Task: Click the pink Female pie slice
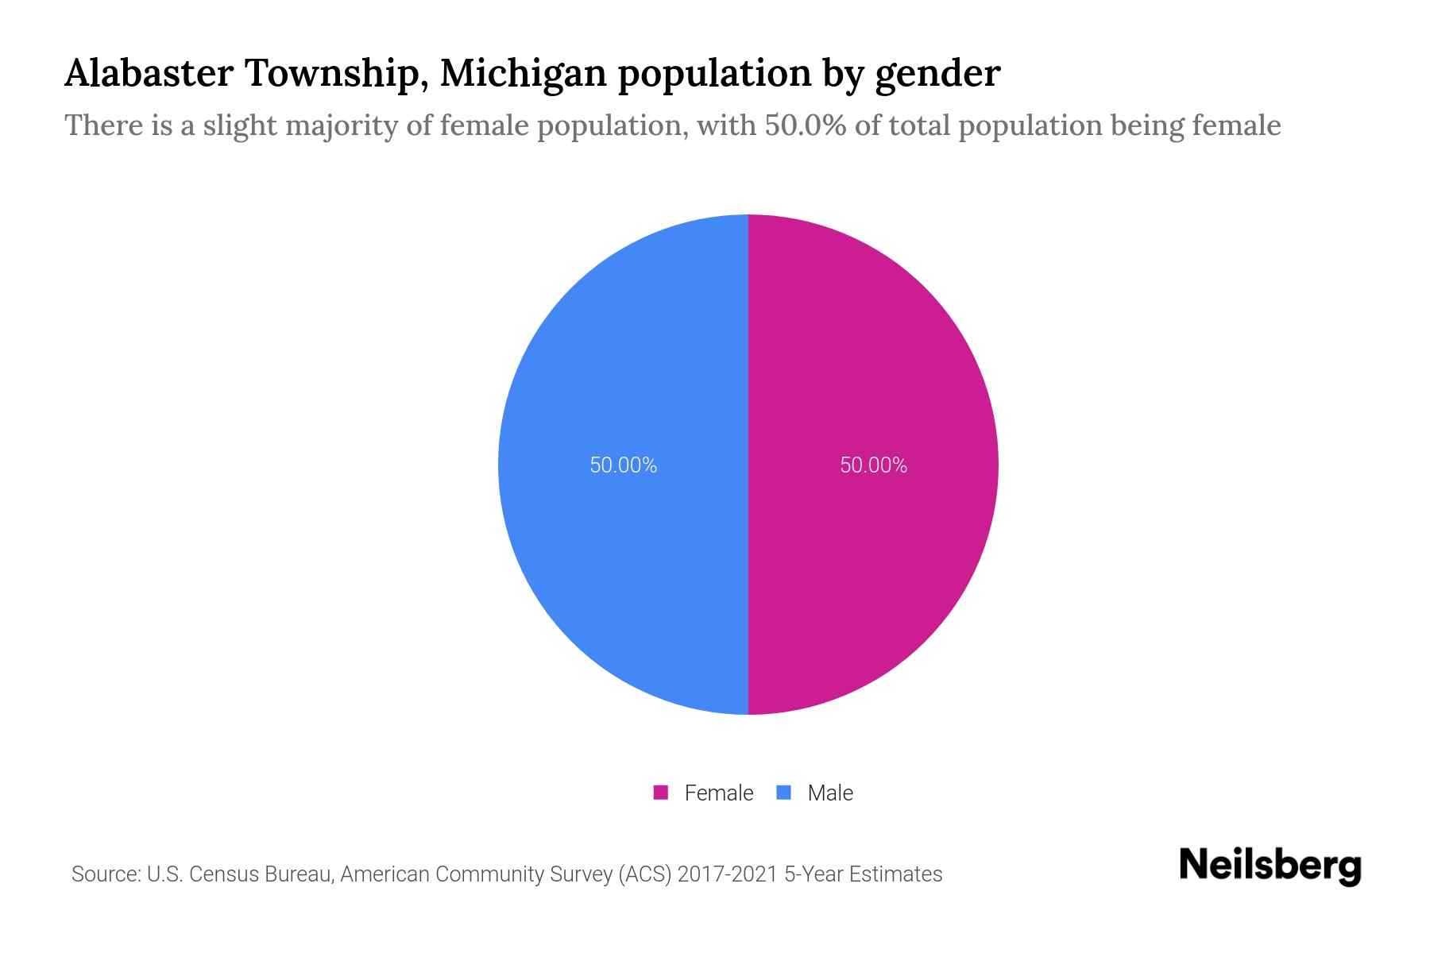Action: click(874, 556)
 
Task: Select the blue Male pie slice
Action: click(624, 556)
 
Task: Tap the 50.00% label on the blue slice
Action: click(623, 465)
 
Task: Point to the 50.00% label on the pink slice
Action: click(873, 465)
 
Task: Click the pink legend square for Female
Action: click(660, 793)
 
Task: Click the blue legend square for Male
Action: click(784, 793)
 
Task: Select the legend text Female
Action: click(718, 793)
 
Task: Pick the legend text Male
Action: click(830, 793)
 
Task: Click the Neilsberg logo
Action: click(1270, 865)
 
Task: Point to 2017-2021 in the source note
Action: click(727, 874)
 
